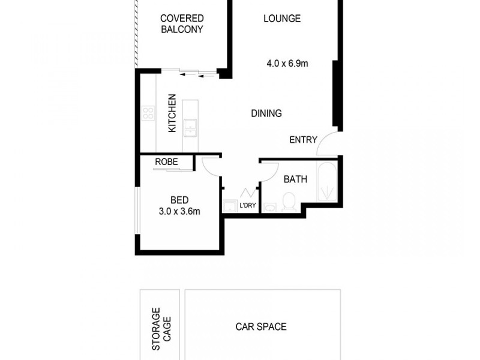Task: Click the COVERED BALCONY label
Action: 181,24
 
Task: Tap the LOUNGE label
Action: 282,19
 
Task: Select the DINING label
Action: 266,113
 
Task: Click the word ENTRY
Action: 303,140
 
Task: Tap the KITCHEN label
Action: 172,113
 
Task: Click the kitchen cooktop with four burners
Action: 148,113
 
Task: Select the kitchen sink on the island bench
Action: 190,127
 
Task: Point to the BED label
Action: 179,200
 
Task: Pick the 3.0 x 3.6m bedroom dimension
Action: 179,211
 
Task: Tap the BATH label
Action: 295,179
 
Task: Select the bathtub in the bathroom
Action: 327,180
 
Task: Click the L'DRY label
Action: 248,206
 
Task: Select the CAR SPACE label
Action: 261,327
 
